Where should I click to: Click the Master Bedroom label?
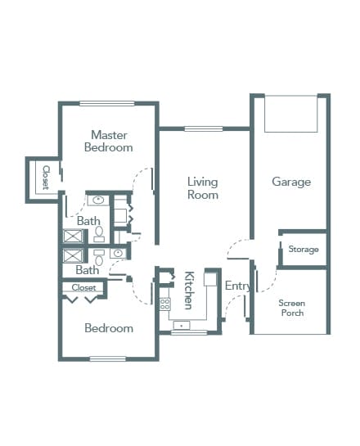109,141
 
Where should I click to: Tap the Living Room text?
203,188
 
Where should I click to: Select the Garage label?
291,182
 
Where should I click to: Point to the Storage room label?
304,249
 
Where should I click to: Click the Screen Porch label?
292,308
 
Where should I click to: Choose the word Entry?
238,286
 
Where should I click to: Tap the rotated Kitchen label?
189,291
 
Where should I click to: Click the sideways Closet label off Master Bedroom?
46,178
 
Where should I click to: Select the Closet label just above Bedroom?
83,287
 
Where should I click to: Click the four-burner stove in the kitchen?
164,304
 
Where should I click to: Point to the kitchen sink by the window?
182,325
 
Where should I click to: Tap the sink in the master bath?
98,200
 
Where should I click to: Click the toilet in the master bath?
99,234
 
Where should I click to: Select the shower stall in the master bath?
73,236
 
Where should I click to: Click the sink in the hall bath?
118,253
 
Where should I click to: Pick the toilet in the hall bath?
99,258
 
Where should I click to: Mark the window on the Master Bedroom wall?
106,104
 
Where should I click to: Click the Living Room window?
203,128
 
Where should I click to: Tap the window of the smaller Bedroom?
108,358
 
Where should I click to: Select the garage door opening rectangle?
291,114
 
